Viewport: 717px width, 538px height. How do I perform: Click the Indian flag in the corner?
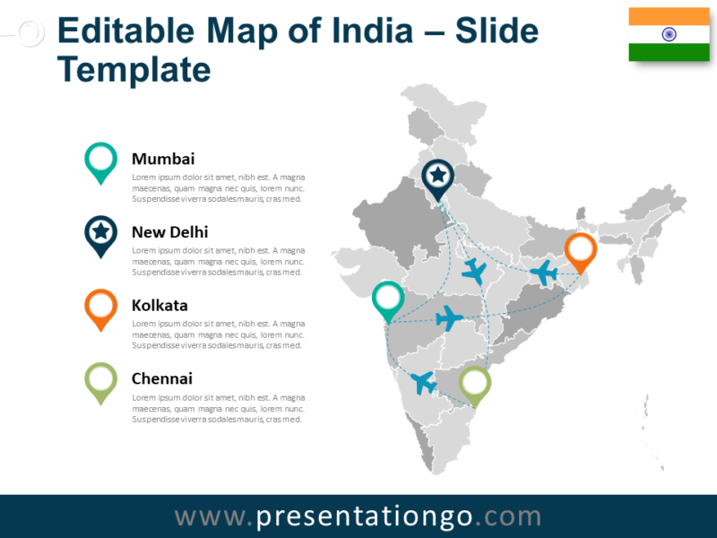click(x=669, y=35)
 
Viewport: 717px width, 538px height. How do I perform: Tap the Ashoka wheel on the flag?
click(x=669, y=35)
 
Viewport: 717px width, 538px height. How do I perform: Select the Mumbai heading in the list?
click(x=162, y=159)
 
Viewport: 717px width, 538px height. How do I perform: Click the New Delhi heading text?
click(x=169, y=232)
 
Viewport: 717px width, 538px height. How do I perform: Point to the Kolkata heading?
click(x=160, y=306)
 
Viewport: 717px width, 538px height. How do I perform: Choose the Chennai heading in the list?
click(x=161, y=379)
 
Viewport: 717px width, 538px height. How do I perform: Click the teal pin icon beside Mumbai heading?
click(x=100, y=160)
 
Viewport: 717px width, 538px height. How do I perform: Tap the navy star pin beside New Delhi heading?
click(x=100, y=233)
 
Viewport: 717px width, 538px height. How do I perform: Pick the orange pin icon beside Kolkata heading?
click(x=100, y=307)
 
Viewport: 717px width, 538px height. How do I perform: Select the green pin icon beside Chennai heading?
click(x=100, y=380)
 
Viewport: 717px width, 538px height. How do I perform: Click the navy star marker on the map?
click(x=437, y=175)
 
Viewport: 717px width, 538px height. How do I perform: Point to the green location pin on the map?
click(x=475, y=383)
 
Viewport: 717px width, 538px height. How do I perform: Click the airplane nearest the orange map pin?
click(x=543, y=271)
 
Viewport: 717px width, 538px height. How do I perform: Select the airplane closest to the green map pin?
click(x=423, y=382)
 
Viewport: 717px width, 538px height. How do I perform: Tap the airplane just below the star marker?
click(x=473, y=270)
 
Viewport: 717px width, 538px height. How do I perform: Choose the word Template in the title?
click(x=134, y=69)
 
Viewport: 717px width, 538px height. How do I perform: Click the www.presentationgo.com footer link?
click(x=358, y=516)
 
